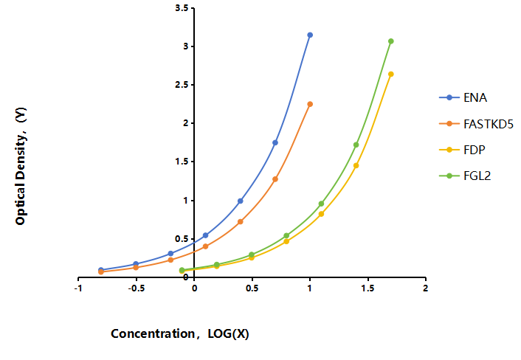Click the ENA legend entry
tap(463, 97)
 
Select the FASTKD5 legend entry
tap(476, 124)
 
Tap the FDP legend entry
tap(462, 150)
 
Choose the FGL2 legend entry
tap(465, 176)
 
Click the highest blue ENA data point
tap(310, 35)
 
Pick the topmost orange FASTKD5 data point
tap(310, 104)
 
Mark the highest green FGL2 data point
tap(391, 41)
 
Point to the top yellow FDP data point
tap(391, 74)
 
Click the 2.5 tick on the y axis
tap(182, 85)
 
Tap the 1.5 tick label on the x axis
tap(368, 288)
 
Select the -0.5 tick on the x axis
tap(137, 288)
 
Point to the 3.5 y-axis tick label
tap(182, 8)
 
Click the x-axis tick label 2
tap(426, 288)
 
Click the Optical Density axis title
tap(21, 166)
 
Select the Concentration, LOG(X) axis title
tap(180, 333)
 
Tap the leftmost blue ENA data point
tap(101, 270)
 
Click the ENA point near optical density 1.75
tap(275, 142)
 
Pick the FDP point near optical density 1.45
tap(356, 165)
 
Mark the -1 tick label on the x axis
tap(78, 288)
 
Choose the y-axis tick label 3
tap(186, 46)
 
